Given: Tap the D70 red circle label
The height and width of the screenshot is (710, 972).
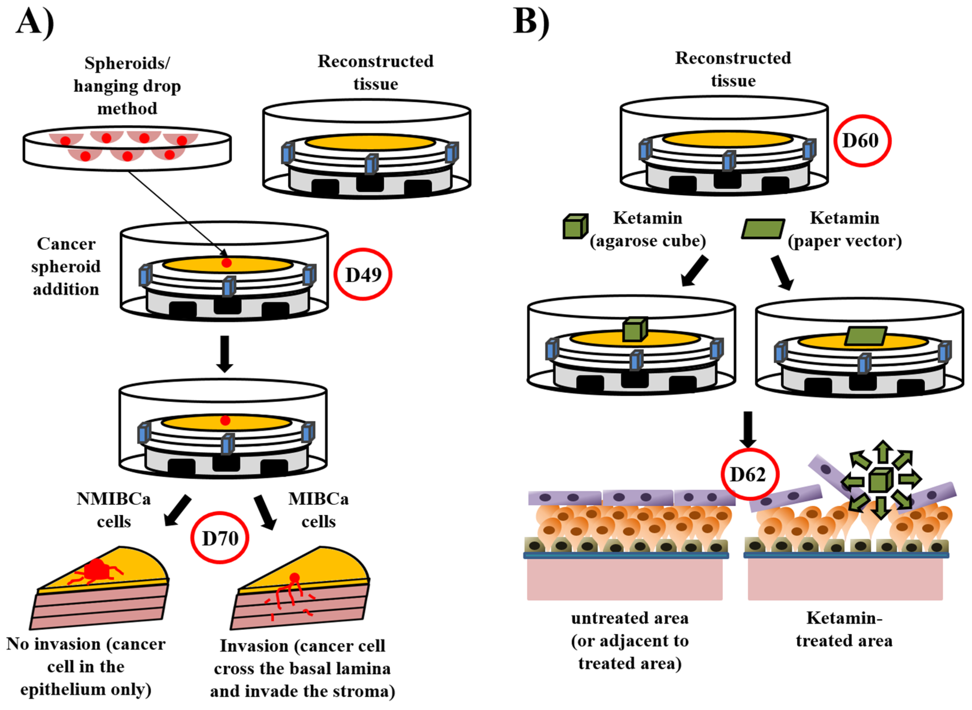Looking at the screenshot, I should point(220,538).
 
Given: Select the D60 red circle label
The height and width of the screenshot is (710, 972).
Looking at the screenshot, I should point(862,141).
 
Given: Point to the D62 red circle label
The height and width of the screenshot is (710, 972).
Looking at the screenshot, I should point(749,474).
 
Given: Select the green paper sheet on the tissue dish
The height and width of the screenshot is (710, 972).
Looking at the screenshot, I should point(865,336).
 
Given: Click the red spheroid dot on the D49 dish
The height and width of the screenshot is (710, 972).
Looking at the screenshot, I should point(227,263).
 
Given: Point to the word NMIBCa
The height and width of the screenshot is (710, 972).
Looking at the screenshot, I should point(113,499).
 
